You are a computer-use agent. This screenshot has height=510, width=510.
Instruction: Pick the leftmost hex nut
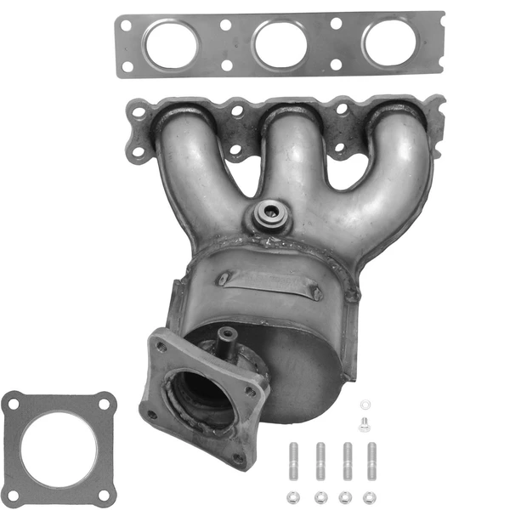(295, 496)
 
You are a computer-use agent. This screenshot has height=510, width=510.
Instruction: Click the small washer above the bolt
(365, 405)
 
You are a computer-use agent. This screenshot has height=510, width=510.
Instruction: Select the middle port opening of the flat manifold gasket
(280, 42)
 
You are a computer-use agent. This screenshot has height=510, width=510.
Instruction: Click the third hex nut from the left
(345, 496)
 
